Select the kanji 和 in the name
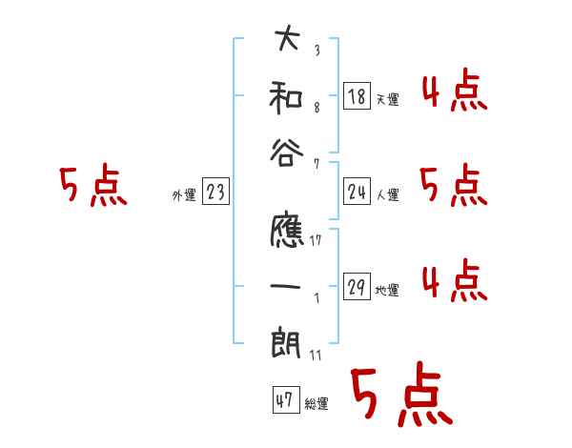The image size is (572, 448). pyautogui.click(x=286, y=97)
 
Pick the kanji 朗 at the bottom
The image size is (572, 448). pyautogui.click(x=286, y=340)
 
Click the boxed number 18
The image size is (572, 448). pyautogui.click(x=356, y=95)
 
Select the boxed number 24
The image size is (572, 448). pyautogui.click(x=356, y=193)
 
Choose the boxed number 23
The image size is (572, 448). pyautogui.click(x=215, y=193)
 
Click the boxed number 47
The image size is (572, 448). pyautogui.click(x=283, y=400)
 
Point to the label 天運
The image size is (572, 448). pyautogui.click(x=387, y=99)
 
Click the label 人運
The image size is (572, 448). pyautogui.click(x=387, y=195)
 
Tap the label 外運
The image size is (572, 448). pyautogui.click(x=183, y=195)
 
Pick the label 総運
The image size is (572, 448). pyautogui.click(x=317, y=404)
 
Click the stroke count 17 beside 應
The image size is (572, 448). pyautogui.click(x=315, y=240)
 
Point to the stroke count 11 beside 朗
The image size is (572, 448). pyautogui.click(x=315, y=355)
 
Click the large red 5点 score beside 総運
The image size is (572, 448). pyautogui.click(x=400, y=396)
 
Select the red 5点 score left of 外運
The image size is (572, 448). pyautogui.click(x=92, y=187)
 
